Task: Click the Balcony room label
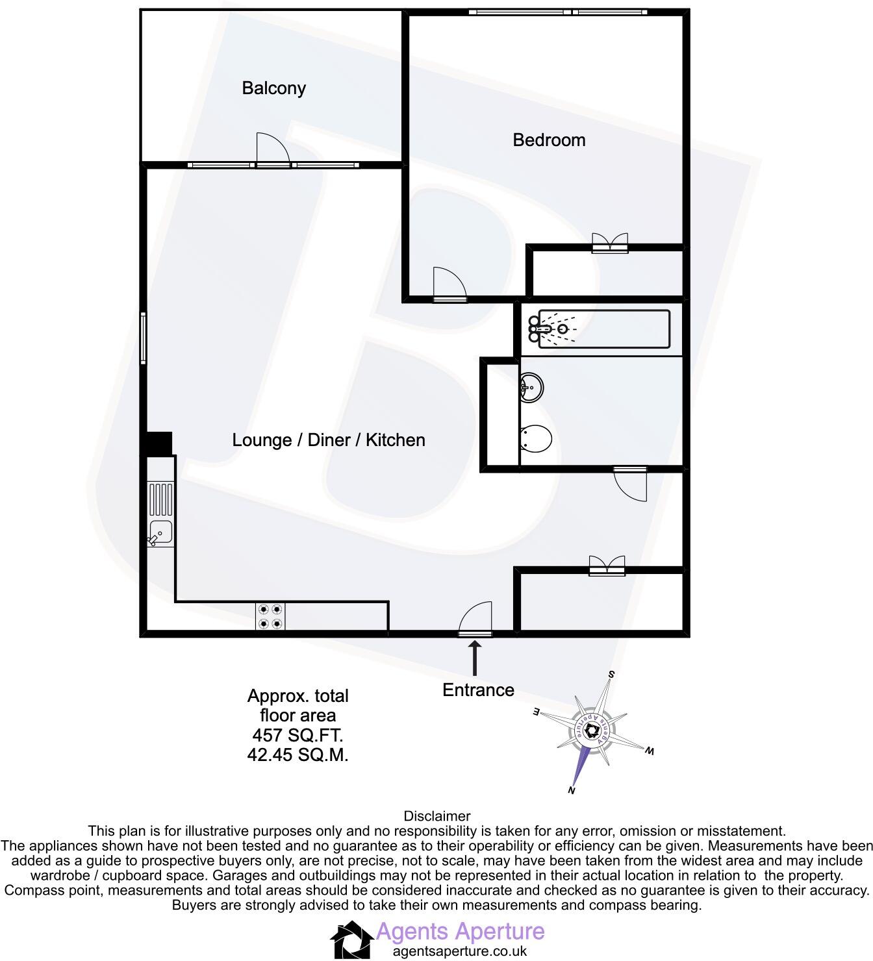(x=273, y=88)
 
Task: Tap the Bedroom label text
(x=549, y=140)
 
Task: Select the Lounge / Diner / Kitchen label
(x=329, y=440)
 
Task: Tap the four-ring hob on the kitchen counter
(x=270, y=616)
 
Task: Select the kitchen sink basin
(x=160, y=532)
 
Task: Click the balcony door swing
(x=272, y=149)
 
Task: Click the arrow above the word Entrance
(x=475, y=658)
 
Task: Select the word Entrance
(x=478, y=690)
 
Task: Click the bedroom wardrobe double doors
(x=610, y=243)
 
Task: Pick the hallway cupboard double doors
(x=607, y=565)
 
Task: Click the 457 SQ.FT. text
(x=297, y=735)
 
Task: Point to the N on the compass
(x=572, y=790)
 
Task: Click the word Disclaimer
(x=436, y=816)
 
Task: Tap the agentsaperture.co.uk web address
(x=459, y=951)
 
